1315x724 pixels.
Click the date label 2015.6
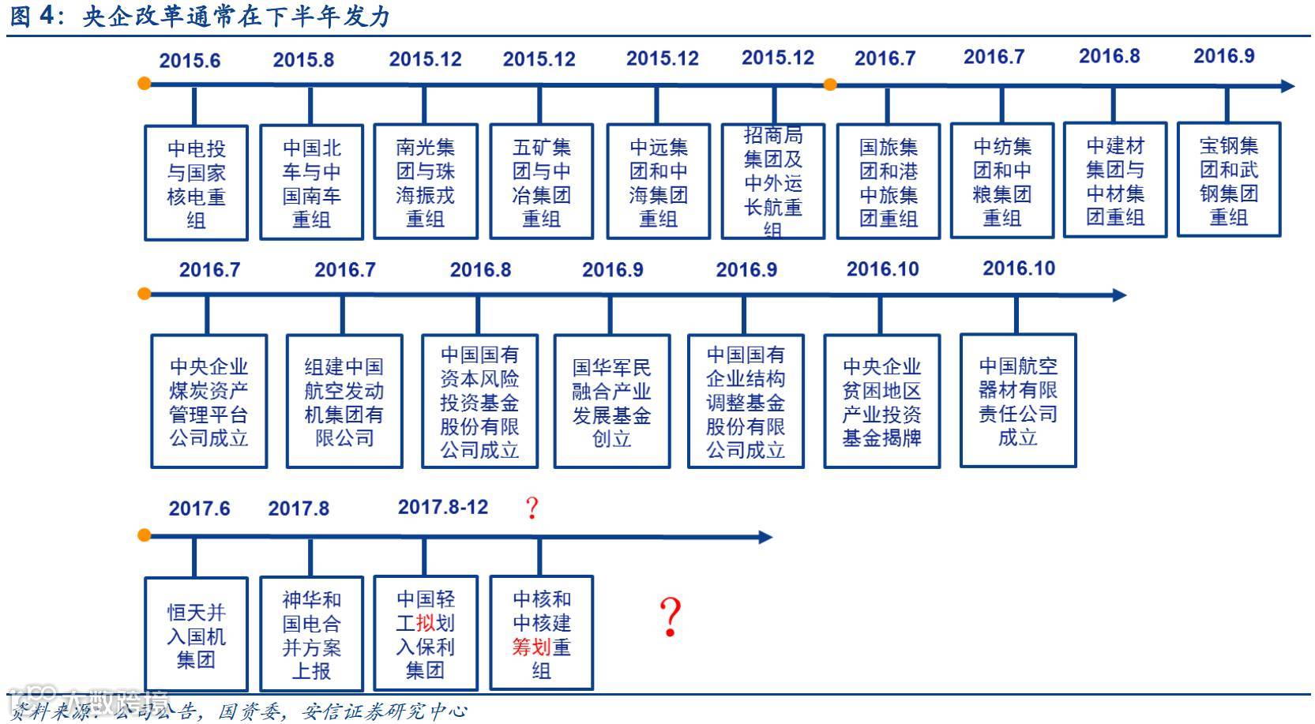coord(190,61)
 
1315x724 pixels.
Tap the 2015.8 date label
coord(303,60)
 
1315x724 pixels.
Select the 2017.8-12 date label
coord(443,507)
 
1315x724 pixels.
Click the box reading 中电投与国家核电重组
coord(196,183)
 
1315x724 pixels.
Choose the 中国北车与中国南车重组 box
coord(311,182)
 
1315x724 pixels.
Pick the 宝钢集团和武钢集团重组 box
coord(1228,181)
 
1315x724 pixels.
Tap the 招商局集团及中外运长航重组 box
coord(773,182)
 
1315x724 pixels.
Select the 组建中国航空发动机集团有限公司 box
coord(344,401)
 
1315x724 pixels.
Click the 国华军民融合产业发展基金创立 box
coord(611,401)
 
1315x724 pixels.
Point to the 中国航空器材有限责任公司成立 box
coord(1017,400)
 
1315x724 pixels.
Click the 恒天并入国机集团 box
coord(196,635)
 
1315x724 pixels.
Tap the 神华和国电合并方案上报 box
coord(311,634)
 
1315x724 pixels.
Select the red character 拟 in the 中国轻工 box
coord(426,623)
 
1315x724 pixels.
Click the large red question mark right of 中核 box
coord(670,617)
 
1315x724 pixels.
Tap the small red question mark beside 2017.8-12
coord(532,508)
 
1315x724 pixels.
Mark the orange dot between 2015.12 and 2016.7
coord(830,84)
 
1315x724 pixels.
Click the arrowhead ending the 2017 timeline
coord(765,537)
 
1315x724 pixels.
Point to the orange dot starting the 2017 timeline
coord(144,535)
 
